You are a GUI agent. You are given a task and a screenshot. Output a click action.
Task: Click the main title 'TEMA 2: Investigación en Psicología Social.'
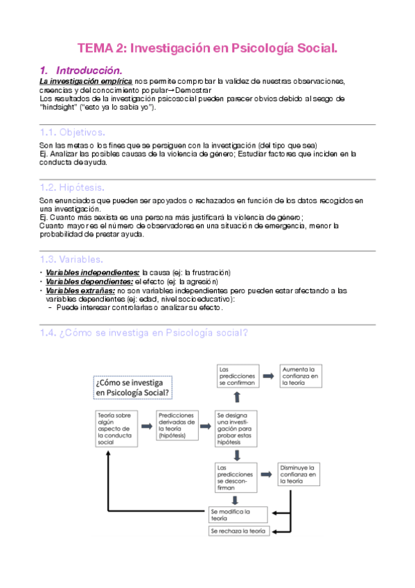pyautogui.click(x=207, y=49)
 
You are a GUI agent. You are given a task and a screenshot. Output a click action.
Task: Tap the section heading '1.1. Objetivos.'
pyautogui.click(x=73, y=132)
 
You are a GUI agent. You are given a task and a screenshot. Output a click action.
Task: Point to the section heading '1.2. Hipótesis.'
pyautogui.click(x=73, y=187)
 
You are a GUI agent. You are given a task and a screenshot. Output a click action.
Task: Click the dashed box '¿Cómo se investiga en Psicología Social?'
pyautogui.click(x=132, y=387)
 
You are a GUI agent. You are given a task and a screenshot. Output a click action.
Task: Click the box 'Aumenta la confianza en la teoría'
pyautogui.click(x=300, y=376)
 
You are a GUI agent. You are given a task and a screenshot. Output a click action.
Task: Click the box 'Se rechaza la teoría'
pyautogui.click(x=238, y=530)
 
